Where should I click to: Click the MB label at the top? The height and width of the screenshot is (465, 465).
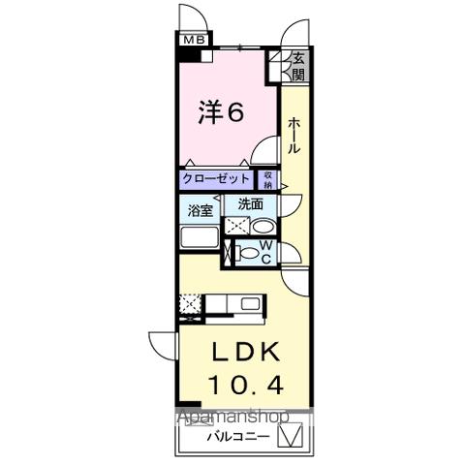point(195,39)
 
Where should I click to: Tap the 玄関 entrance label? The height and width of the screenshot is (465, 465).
point(297,65)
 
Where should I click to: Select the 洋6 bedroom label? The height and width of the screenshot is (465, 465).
point(221,112)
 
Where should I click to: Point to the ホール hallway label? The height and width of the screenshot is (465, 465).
point(294,137)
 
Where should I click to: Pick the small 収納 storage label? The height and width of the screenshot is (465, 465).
point(267,179)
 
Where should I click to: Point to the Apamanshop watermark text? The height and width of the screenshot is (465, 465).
point(230,418)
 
